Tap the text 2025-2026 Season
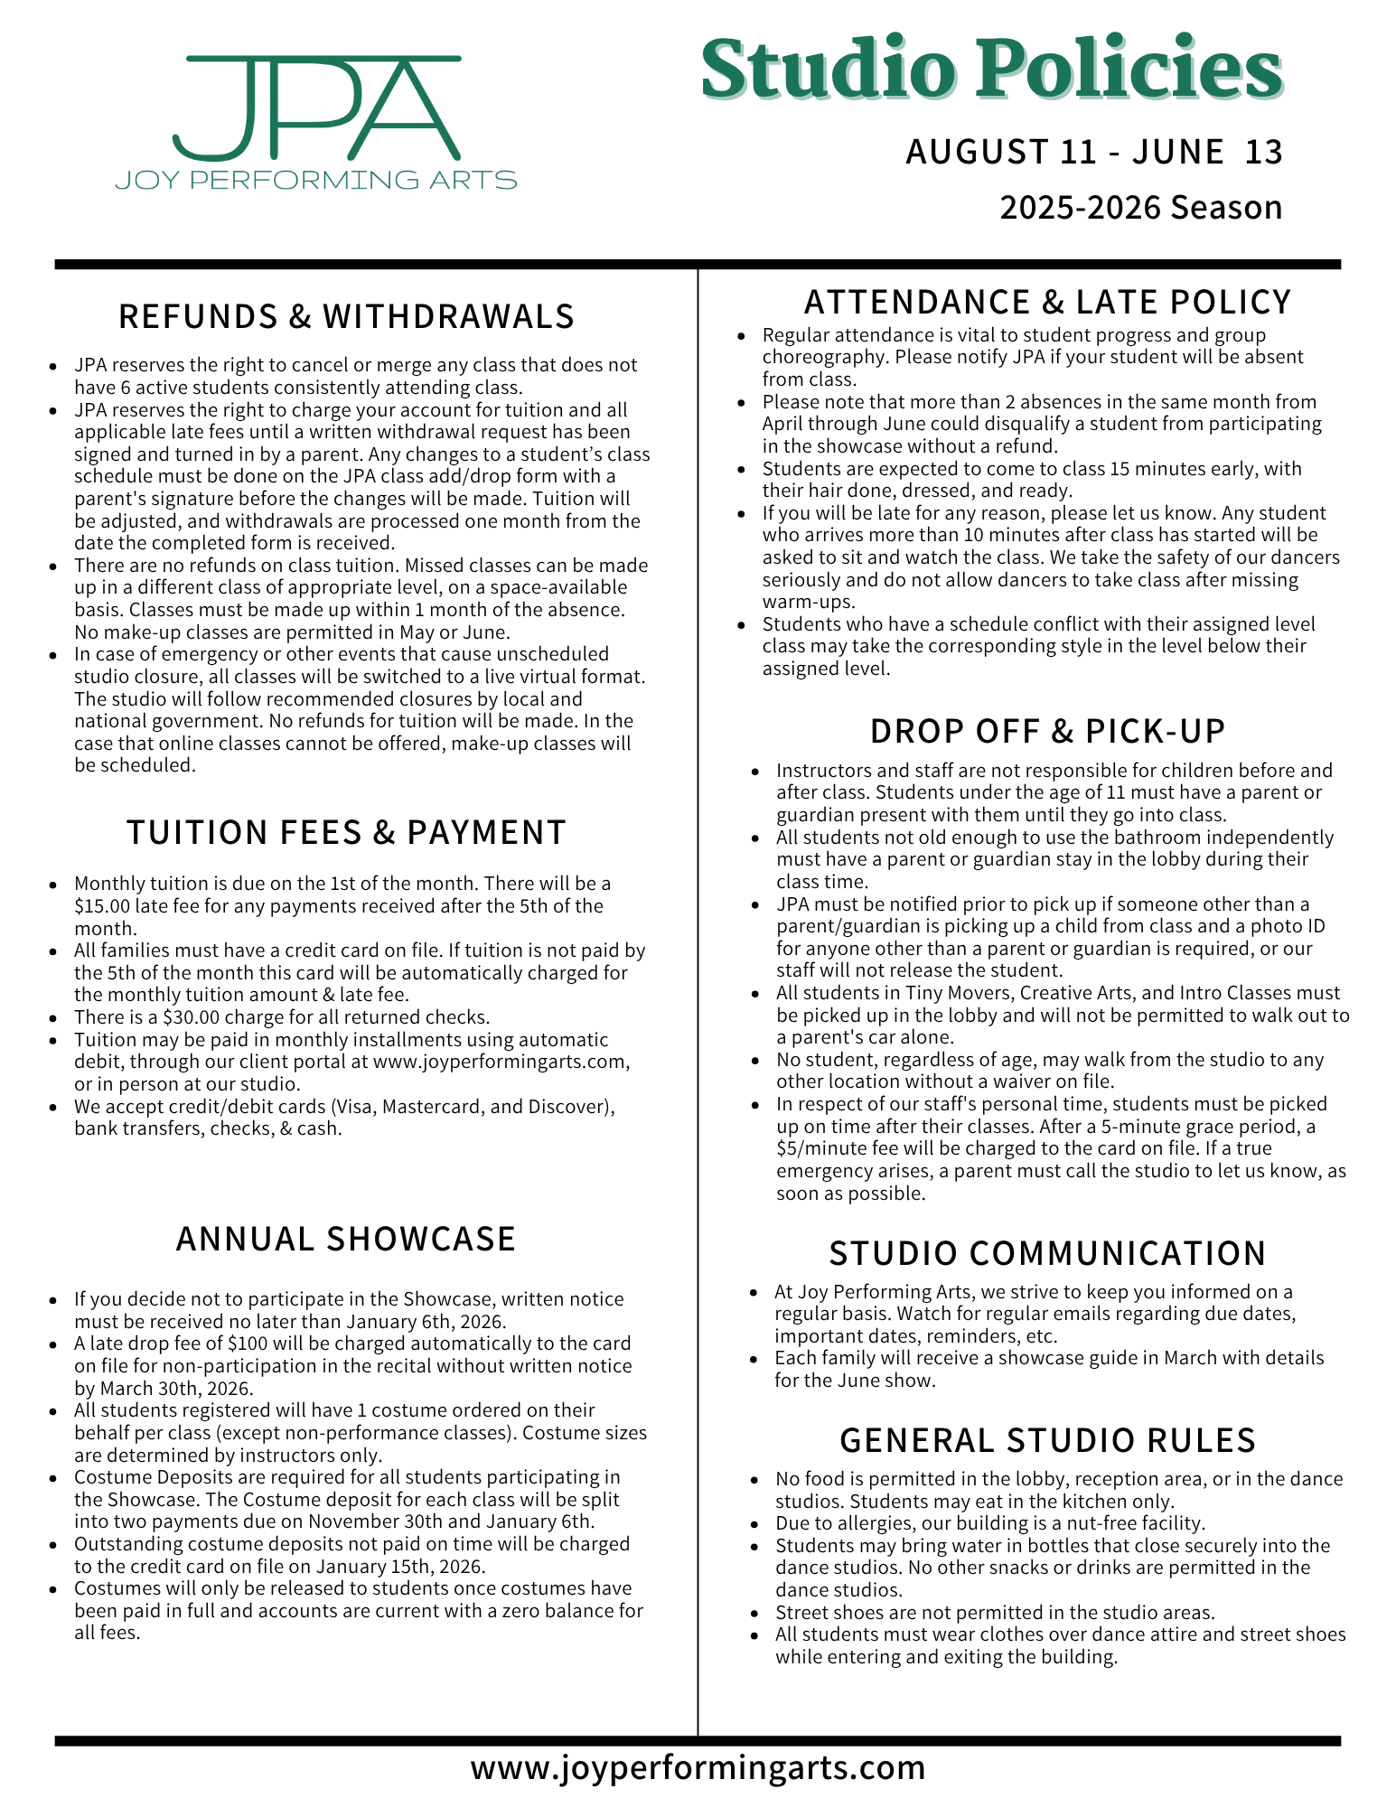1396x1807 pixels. pyautogui.click(x=1140, y=208)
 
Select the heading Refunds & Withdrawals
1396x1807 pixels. pyautogui.click(x=347, y=316)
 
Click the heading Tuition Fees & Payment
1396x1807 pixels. pyautogui.click(x=347, y=832)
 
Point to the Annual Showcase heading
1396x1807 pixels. pyautogui.click(x=346, y=1239)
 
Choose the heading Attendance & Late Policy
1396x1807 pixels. pyautogui.click(x=1048, y=302)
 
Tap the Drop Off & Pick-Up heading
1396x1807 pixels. pyautogui.click(x=1048, y=731)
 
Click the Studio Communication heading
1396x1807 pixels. pyautogui.click(x=1048, y=1253)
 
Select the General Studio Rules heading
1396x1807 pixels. pyautogui.click(x=1048, y=1440)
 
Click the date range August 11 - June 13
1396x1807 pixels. pyautogui.click(x=1094, y=152)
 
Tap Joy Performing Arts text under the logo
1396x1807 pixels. pyautogui.click(x=316, y=180)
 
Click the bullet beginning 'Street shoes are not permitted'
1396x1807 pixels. pyautogui.click(x=994, y=1612)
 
